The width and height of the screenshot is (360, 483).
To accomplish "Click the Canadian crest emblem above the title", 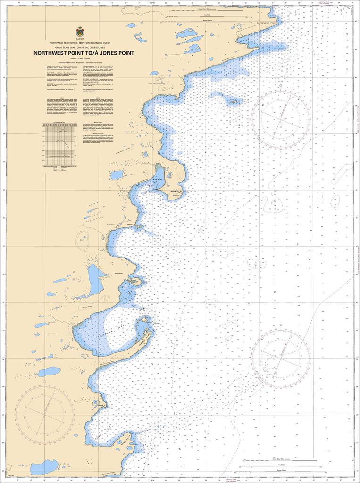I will [80, 32].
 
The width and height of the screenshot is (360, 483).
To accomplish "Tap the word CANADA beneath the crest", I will [80, 39].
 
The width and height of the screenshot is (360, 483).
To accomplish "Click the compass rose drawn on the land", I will [44, 415].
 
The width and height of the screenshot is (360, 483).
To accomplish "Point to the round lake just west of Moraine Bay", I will [117, 175].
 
